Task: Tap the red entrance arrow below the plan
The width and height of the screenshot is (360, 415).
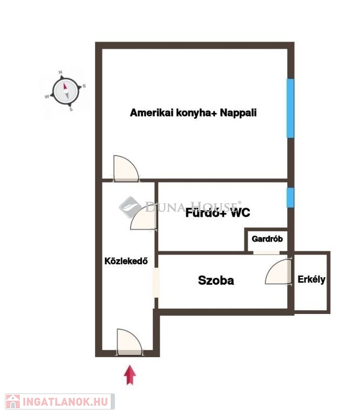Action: (x=130, y=375)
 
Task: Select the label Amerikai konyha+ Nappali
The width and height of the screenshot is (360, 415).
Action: (x=193, y=113)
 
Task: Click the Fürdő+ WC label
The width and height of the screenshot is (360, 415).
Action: (x=218, y=213)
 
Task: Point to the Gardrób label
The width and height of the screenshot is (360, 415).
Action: (x=267, y=239)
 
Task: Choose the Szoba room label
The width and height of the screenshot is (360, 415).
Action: (x=216, y=280)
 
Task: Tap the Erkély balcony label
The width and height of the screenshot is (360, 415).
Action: (x=311, y=279)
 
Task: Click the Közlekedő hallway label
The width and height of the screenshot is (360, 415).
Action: (x=126, y=260)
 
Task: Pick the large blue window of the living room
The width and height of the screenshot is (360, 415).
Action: (x=290, y=108)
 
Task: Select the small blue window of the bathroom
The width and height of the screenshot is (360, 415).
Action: (x=290, y=197)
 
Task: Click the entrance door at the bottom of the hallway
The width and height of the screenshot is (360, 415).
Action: (x=130, y=343)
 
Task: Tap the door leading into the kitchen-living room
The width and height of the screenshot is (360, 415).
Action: (x=125, y=169)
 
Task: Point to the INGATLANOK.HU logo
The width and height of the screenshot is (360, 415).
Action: (x=58, y=401)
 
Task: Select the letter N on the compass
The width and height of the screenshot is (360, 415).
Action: (x=61, y=72)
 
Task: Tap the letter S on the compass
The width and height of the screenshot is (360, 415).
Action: (x=71, y=109)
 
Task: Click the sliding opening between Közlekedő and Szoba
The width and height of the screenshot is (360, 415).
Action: (x=156, y=283)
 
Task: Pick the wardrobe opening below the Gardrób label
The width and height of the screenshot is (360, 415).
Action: (x=267, y=252)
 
